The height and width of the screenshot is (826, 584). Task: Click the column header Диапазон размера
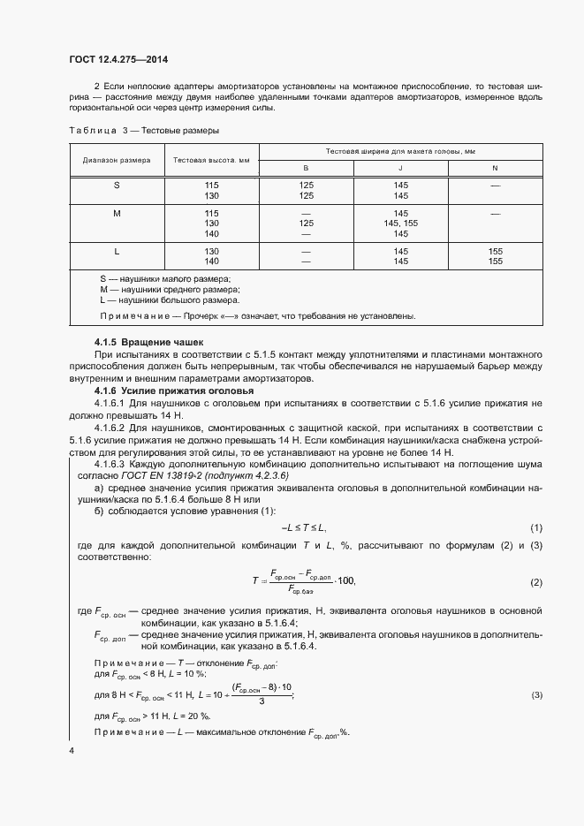(117, 160)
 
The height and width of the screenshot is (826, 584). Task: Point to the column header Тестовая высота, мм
(211, 160)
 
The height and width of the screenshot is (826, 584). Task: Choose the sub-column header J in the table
(400, 168)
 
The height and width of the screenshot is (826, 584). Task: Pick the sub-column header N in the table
(495, 168)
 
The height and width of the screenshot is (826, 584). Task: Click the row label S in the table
(117, 185)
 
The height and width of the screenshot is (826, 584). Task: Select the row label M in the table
(117, 214)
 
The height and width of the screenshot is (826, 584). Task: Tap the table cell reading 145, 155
(401, 224)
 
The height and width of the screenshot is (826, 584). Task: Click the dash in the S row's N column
(495, 186)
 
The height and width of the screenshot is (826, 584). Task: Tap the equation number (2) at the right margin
(535, 582)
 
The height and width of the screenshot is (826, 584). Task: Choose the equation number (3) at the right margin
(535, 695)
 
